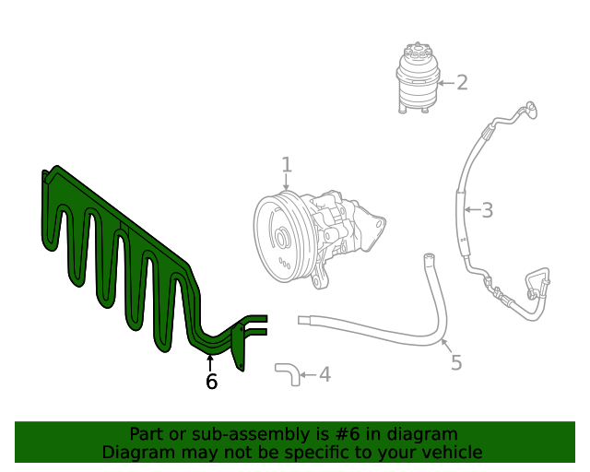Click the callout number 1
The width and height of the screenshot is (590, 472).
pos(287,165)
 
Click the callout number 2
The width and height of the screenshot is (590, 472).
pos(462,83)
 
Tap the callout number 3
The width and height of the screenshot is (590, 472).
pos(488,210)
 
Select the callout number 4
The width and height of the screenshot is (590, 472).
pos(324,374)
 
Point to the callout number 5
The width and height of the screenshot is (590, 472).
pos(456,362)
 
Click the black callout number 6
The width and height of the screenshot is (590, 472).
pos(211,382)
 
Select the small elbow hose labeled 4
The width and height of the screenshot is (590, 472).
pos(285,372)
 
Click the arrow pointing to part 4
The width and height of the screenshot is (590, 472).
pos(307,374)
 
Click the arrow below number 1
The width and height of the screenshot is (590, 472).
pos(287,183)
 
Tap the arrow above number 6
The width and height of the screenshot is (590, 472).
pos(210,361)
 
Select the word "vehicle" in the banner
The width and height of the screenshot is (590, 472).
pos(450,453)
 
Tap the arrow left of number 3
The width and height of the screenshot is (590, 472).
pos(470,210)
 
